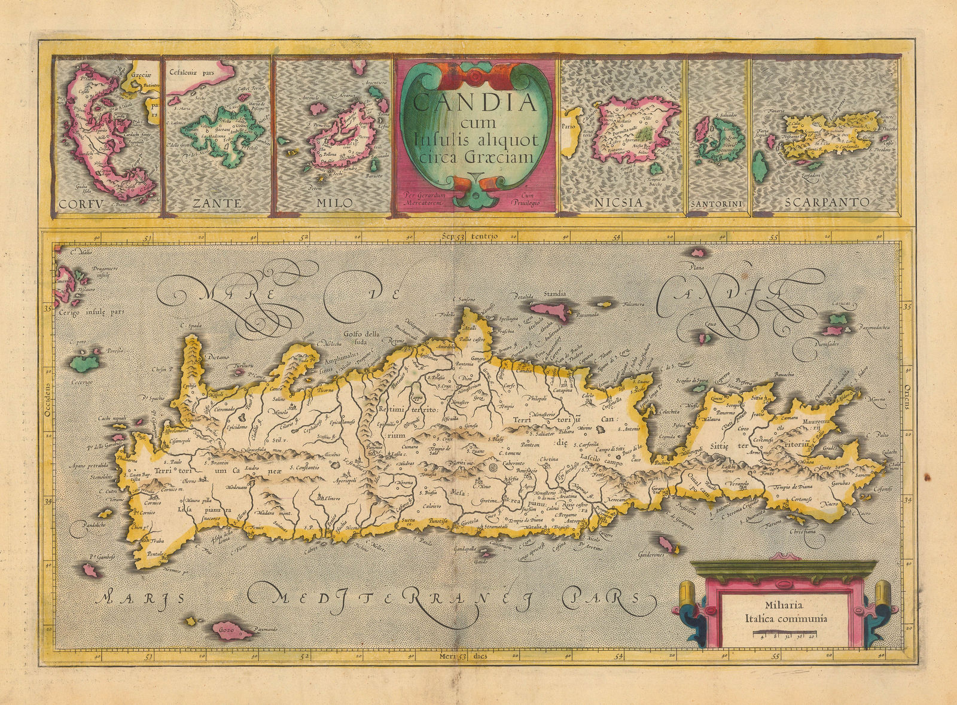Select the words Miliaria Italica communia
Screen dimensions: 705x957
coord(778,613)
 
